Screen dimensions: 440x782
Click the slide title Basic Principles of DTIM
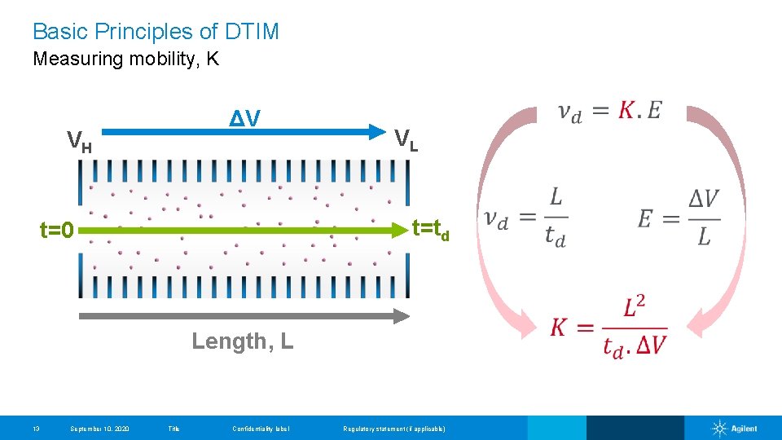156,32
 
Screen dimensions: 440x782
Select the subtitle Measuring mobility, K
125,59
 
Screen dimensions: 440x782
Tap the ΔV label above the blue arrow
244,119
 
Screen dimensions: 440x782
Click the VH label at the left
79,142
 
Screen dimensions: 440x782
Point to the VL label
406,139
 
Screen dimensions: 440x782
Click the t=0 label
57,231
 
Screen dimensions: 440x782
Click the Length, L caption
242,341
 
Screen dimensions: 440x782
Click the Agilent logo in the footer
735,429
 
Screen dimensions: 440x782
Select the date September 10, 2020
99,429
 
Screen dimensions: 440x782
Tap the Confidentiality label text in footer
261,429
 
